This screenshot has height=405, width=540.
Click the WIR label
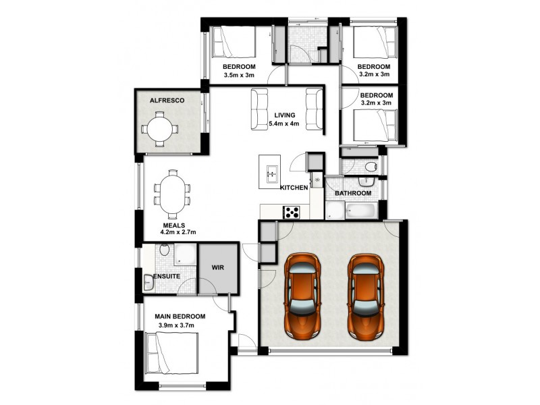coord(217,268)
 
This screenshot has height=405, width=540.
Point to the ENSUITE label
coord(166,277)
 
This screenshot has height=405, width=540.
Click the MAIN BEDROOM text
coord(180,316)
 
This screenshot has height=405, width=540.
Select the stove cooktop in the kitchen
coord(292,212)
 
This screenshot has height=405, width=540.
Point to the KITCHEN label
coord(295,187)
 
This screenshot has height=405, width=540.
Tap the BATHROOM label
coord(353,194)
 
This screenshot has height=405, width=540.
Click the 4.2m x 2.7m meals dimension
coord(178,232)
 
